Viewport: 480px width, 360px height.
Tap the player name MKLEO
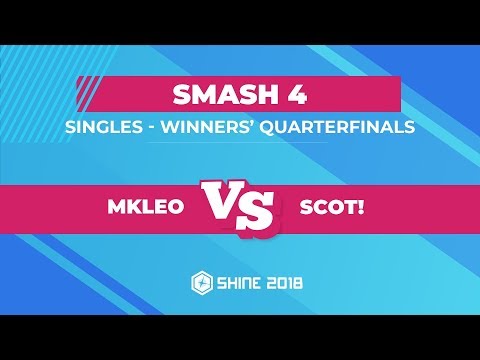click(144, 208)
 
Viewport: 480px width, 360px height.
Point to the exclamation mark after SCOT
click(366, 208)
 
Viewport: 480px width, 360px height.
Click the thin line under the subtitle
click(240, 142)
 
